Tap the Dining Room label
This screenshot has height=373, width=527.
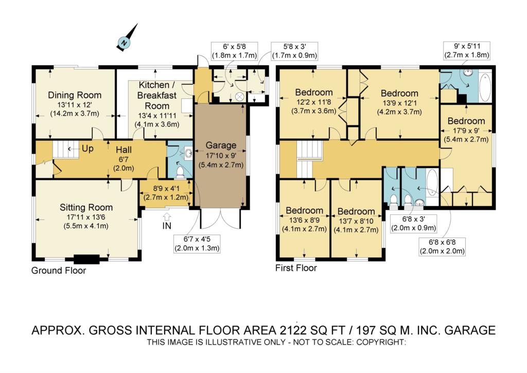coord(75,95)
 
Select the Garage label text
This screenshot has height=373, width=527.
coord(221,145)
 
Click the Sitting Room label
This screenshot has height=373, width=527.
coord(86,207)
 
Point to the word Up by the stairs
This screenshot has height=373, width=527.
coord(87,149)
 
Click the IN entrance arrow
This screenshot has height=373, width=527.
coord(167,217)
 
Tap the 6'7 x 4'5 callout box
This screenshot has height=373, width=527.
coord(197,244)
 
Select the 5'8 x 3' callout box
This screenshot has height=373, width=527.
coord(294,51)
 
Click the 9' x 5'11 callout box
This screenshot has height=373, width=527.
coord(467,50)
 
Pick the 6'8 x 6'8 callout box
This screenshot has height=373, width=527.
coord(442,247)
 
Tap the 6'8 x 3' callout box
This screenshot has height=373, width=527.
coord(414,224)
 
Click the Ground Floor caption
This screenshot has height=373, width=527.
coord(59,270)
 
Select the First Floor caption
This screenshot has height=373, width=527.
coord(296,268)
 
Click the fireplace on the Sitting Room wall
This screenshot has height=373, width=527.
coord(86,259)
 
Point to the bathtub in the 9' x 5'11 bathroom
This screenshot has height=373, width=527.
coord(485,87)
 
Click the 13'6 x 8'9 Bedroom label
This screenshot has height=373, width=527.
coord(305,219)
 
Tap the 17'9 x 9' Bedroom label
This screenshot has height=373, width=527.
coord(466,130)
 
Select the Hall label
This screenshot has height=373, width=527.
coord(124,150)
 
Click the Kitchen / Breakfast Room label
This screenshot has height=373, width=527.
coord(156,95)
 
